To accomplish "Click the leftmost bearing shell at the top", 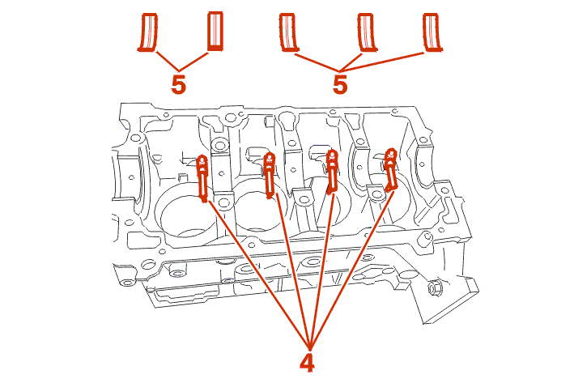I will [x=147, y=32].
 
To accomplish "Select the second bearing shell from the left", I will [x=215, y=31].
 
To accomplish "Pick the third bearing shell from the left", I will [x=287, y=33].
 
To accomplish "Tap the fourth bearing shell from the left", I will [x=366, y=33].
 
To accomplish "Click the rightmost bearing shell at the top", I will [x=434, y=33].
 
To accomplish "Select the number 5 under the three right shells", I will [x=340, y=84].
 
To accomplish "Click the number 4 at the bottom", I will [x=307, y=362].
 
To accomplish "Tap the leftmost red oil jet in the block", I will [x=203, y=177].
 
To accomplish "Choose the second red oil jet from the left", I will [x=270, y=175].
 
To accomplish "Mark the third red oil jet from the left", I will [x=331, y=172].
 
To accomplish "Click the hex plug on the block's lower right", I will [x=433, y=287].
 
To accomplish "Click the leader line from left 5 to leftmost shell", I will [x=165, y=60].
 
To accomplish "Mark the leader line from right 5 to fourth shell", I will [x=351, y=62].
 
